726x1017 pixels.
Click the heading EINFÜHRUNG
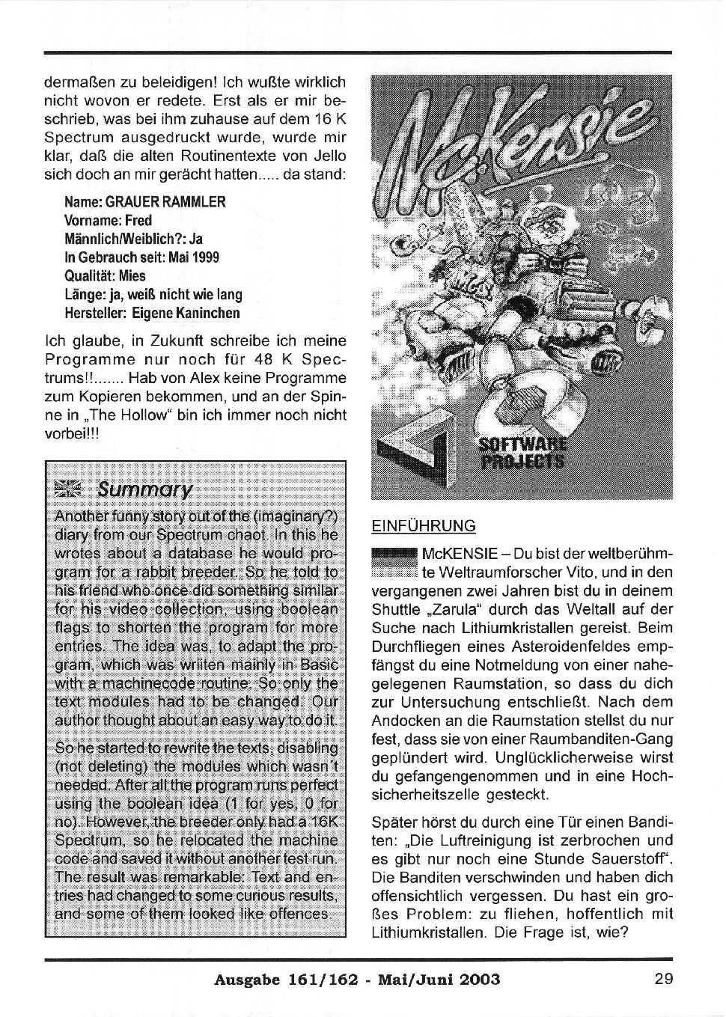coord(424,526)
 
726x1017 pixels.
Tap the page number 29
coord(663,979)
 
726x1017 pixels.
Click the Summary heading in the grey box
coord(144,489)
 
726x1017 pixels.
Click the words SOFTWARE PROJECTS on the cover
coord(522,452)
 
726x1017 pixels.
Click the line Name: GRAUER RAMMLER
coord(145,202)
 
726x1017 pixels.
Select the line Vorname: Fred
coord(109,221)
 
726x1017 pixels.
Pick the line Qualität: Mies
coord(106,275)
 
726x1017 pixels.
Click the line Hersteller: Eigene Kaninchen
coord(153,313)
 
